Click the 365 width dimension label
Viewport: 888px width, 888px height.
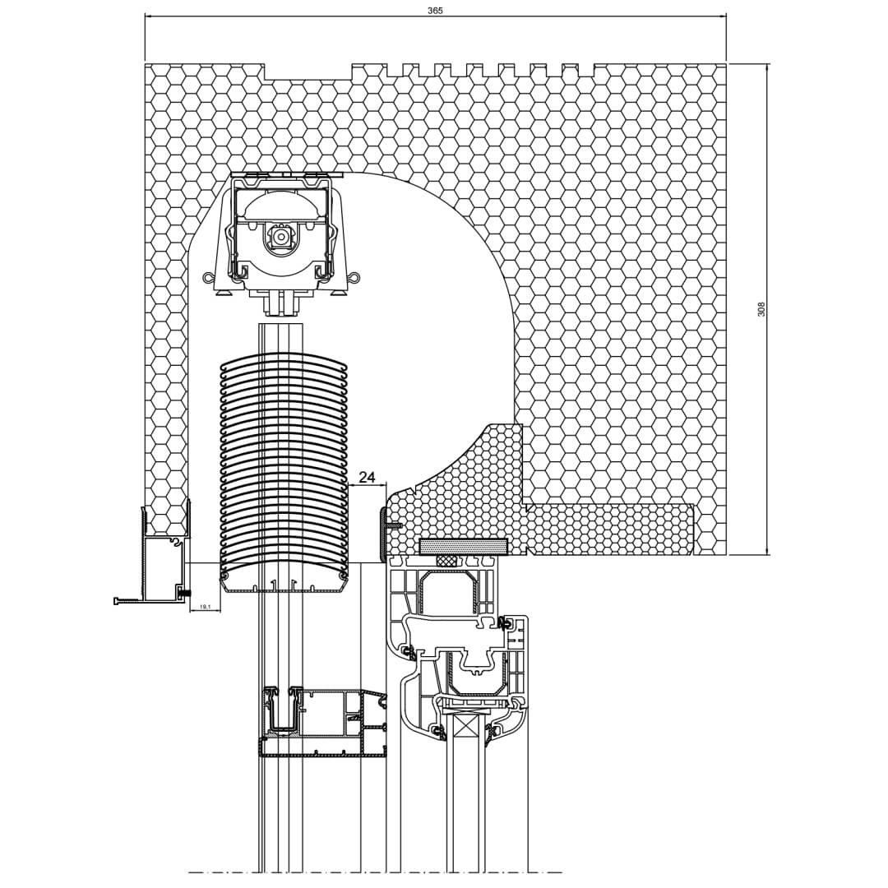pyautogui.click(x=436, y=11)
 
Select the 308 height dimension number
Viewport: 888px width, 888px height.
pyautogui.click(x=761, y=308)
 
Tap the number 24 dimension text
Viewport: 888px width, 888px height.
pyautogui.click(x=368, y=477)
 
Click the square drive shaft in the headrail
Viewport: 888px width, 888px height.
pyautogui.click(x=280, y=234)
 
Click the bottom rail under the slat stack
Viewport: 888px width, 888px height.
pyautogui.click(x=283, y=582)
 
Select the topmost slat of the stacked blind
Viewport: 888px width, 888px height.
pyautogui.click(x=283, y=363)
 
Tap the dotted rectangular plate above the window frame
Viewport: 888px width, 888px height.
pyautogui.click(x=463, y=546)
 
